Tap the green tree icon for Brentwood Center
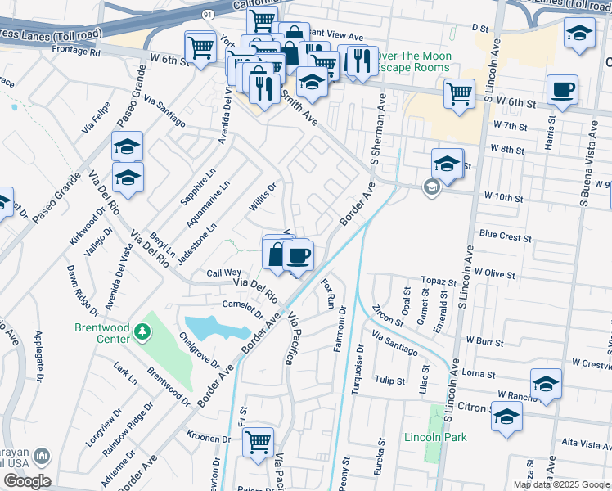click(144, 331)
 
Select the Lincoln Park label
click(435, 437)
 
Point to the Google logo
click(27, 481)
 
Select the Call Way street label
click(223, 273)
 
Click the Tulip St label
click(389, 381)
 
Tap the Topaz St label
click(438, 280)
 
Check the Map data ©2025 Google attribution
click(560, 484)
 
